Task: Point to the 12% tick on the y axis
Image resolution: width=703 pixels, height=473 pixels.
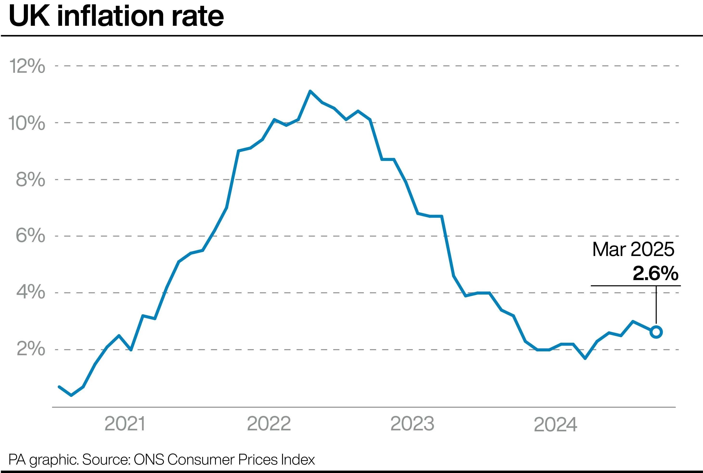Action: point(27,66)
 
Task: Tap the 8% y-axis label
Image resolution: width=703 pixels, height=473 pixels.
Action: point(30,179)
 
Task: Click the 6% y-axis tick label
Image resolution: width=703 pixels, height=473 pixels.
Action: point(30,235)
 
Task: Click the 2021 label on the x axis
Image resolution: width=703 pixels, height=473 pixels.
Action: point(125,424)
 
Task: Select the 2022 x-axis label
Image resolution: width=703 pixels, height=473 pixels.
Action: point(269,424)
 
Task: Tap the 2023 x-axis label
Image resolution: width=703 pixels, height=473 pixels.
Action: point(412,424)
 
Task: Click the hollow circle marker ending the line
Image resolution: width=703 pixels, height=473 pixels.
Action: point(656,332)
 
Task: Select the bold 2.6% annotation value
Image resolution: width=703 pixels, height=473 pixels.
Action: point(655,273)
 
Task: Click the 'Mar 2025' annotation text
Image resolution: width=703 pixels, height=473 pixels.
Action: point(633,250)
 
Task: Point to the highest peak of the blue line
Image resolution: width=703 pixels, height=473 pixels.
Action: point(310,91)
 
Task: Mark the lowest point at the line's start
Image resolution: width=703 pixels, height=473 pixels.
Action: point(71,395)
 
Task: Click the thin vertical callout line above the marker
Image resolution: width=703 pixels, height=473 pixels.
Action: point(656,305)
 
